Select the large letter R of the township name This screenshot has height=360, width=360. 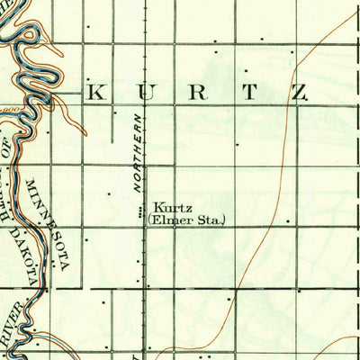(201, 92)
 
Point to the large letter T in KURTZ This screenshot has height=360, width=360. (252, 92)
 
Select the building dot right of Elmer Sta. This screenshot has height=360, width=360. (288, 220)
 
